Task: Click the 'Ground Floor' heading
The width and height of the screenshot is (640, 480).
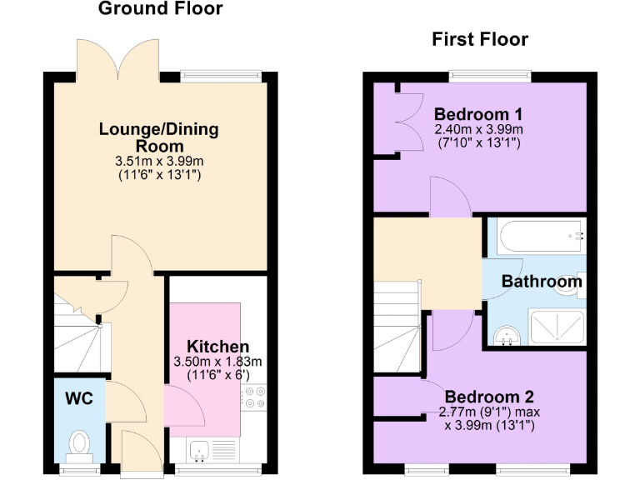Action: click(x=161, y=10)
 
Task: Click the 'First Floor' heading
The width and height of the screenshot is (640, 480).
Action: click(x=479, y=39)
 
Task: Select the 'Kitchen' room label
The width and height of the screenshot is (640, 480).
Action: click(x=217, y=347)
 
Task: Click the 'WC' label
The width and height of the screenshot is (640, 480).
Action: click(x=79, y=397)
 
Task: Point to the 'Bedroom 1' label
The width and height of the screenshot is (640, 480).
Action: click(x=478, y=115)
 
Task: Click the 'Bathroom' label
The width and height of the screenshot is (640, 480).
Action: click(x=541, y=282)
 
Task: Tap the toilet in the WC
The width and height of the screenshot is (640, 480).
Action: click(x=80, y=443)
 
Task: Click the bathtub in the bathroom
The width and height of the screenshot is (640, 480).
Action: click(x=540, y=237)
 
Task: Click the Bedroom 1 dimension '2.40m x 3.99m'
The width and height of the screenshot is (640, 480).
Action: click(x=478, y=130)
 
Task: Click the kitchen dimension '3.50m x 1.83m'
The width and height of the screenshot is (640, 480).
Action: click(x=217, y=362)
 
